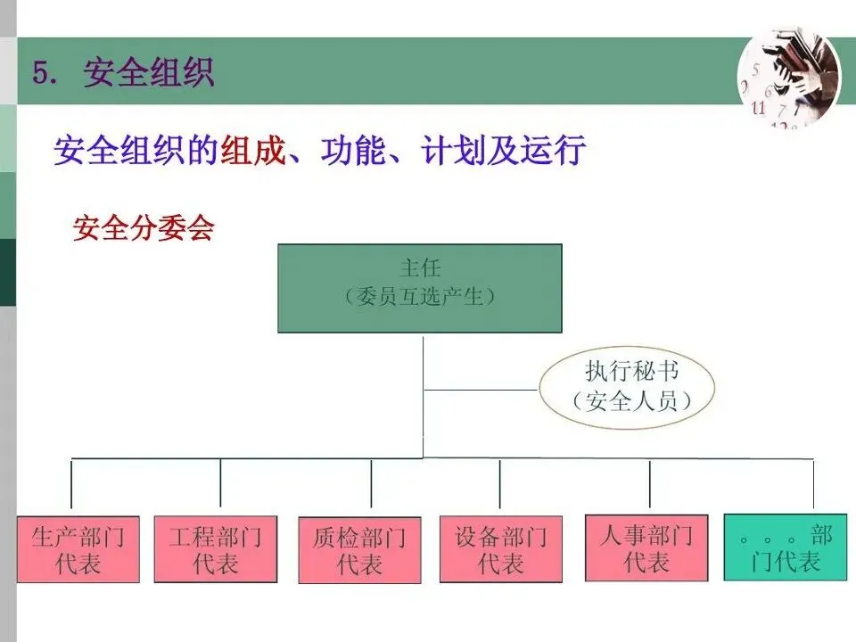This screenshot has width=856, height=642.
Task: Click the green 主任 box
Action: click(x=420, y=288)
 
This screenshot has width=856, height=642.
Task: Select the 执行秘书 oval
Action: click(x=628, y=389)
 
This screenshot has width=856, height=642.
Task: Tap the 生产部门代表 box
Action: click(x=78, y=549)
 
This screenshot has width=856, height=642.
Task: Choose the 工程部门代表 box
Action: click(x=215, y=549)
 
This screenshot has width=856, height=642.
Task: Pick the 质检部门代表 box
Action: click(x=359, y=550)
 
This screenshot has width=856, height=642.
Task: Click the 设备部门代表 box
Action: click(x=501, y=549)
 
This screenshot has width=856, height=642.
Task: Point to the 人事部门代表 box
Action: click(x=646, y=547)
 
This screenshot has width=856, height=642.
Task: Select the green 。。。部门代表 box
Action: click(x=786, y=547)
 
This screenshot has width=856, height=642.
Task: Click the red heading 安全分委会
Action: click(x=144, y=228)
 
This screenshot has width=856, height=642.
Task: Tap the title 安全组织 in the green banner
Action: click(x=149, y=72)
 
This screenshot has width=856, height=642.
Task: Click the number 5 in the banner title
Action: click(x=40, y=72)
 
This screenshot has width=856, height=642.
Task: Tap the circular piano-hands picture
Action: click(x=788, y=78)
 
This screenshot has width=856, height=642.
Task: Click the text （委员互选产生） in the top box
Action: click(x=419, y=298)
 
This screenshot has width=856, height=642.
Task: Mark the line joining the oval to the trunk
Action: click(x=481, y=390)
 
